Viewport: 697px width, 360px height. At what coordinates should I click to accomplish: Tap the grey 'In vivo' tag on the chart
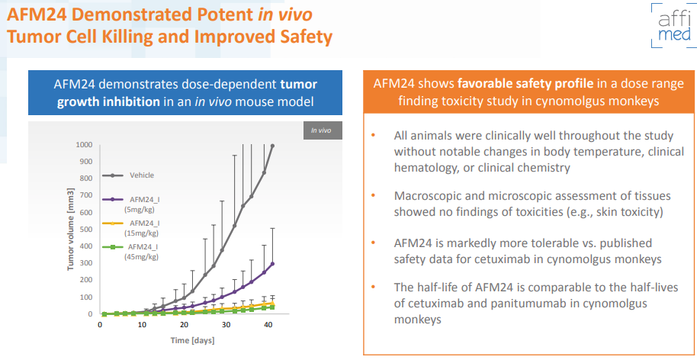coord(320,130)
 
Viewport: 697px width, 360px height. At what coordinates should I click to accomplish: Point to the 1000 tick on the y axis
coord(85,145)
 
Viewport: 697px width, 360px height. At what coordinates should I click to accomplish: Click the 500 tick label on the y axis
coord(87,230)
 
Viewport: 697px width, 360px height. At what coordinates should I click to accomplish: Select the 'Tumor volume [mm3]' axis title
coord(70,229)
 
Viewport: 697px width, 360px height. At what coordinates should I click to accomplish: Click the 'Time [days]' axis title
coord(192,341)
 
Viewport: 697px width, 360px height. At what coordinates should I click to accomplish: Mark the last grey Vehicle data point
coord(272,146)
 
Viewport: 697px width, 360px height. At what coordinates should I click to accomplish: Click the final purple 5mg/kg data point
coord(272,264)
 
